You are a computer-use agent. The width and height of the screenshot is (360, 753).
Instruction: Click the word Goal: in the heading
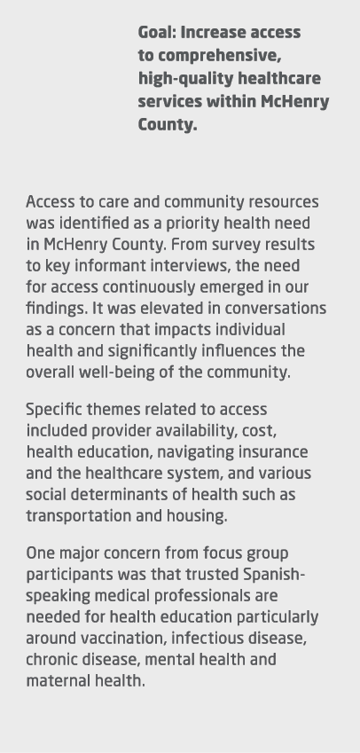point(157,34)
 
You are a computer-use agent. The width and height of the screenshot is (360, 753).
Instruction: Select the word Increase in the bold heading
point(213,34)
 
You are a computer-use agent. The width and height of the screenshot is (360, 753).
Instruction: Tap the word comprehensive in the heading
point(222,57)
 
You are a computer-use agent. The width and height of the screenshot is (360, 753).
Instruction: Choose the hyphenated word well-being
point(127,373)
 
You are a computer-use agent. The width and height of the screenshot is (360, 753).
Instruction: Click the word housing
point(200,516)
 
